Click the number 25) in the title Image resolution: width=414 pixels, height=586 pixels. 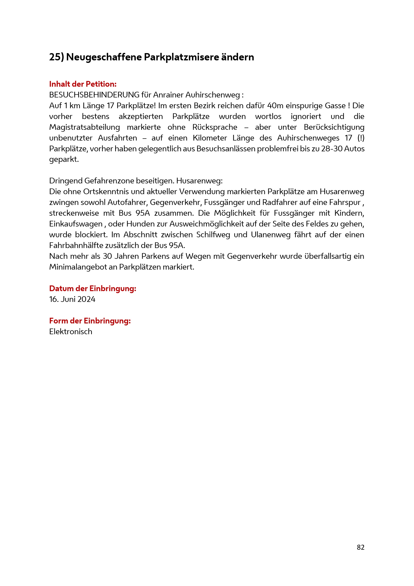(x=56, y=57)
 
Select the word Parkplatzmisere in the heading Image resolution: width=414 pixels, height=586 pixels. (x=181, y=57)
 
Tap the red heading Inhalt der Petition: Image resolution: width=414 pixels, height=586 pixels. (x=83, y=84)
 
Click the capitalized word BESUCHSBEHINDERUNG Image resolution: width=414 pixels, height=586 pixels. (x=94, y=95)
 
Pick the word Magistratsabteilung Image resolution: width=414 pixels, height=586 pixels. (x=84, y=127)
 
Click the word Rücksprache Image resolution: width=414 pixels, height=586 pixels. (x=215, y=127)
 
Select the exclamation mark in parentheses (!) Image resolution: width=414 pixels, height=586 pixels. (x=361, y=138)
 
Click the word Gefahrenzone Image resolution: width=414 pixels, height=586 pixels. (x=109, y=181)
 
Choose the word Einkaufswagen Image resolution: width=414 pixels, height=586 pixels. (x=76, y=224)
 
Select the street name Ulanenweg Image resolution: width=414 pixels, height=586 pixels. (x=271, y=235)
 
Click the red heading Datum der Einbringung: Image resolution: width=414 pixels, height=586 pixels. (x=93, y=288)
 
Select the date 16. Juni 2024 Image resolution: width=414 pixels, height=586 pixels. (x=72, y=299)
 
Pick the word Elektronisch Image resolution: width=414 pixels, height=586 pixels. (x=71, y=331)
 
